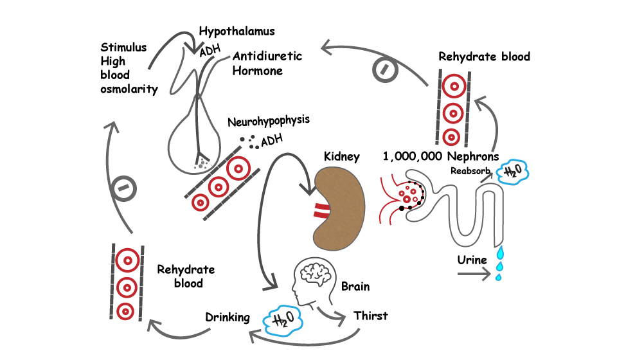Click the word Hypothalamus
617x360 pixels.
click(237, 31)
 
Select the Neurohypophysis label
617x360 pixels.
click(269, 121)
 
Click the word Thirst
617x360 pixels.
click(370, 316)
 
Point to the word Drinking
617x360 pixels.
click(228, 317)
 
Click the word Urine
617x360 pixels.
click(472, 260)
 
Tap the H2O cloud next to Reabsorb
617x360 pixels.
click(513, 172)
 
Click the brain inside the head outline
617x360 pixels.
click(315, 273)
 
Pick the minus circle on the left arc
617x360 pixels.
click(123, 188)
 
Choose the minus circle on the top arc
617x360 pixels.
click(385, 69)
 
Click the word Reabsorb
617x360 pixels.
click(470, 171)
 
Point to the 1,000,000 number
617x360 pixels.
click(413, 157)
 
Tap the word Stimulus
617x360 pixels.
click(123, 47)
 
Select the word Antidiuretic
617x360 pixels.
click(267, 57)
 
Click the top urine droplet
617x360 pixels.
click(500, 251)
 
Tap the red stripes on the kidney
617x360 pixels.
click(321, 210)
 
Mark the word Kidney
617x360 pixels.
click(341, 157)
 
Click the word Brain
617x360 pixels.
click(355, 287)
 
